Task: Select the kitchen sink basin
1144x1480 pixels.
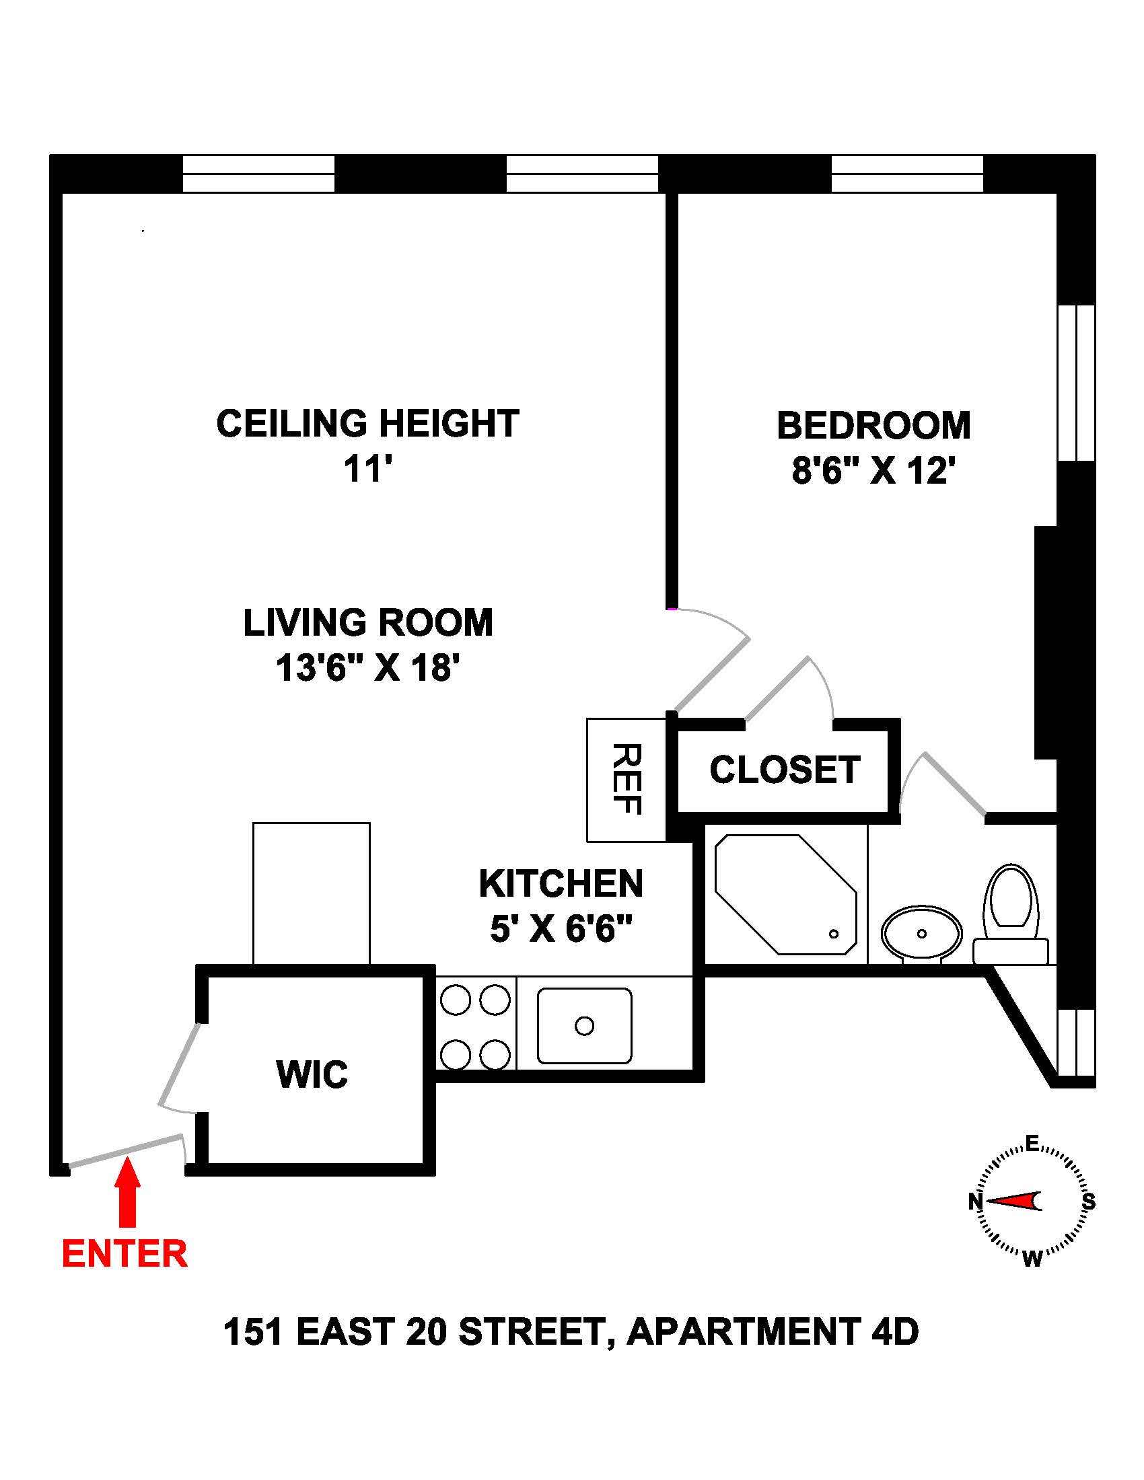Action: tap(584, 1025)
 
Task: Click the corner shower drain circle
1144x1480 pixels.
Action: tap(834, 934)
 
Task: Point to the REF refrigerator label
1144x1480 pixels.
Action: tap(627, 778)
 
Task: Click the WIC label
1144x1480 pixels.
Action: tap(312, 1074)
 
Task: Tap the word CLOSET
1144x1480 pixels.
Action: tap(785, 770)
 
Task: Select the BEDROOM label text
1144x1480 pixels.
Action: tap(873, 426)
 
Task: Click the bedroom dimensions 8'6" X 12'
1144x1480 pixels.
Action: tap(873, 470)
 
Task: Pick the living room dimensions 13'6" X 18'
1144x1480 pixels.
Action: tap(368, 667)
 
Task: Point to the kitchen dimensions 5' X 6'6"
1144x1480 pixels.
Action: tap(561, 928)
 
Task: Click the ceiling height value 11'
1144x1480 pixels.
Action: tap(368, 468)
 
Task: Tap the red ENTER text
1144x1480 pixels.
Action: tap(124, 1254)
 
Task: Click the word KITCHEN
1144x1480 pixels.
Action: tap(561, 884)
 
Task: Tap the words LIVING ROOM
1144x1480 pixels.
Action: tap(368, 623)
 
